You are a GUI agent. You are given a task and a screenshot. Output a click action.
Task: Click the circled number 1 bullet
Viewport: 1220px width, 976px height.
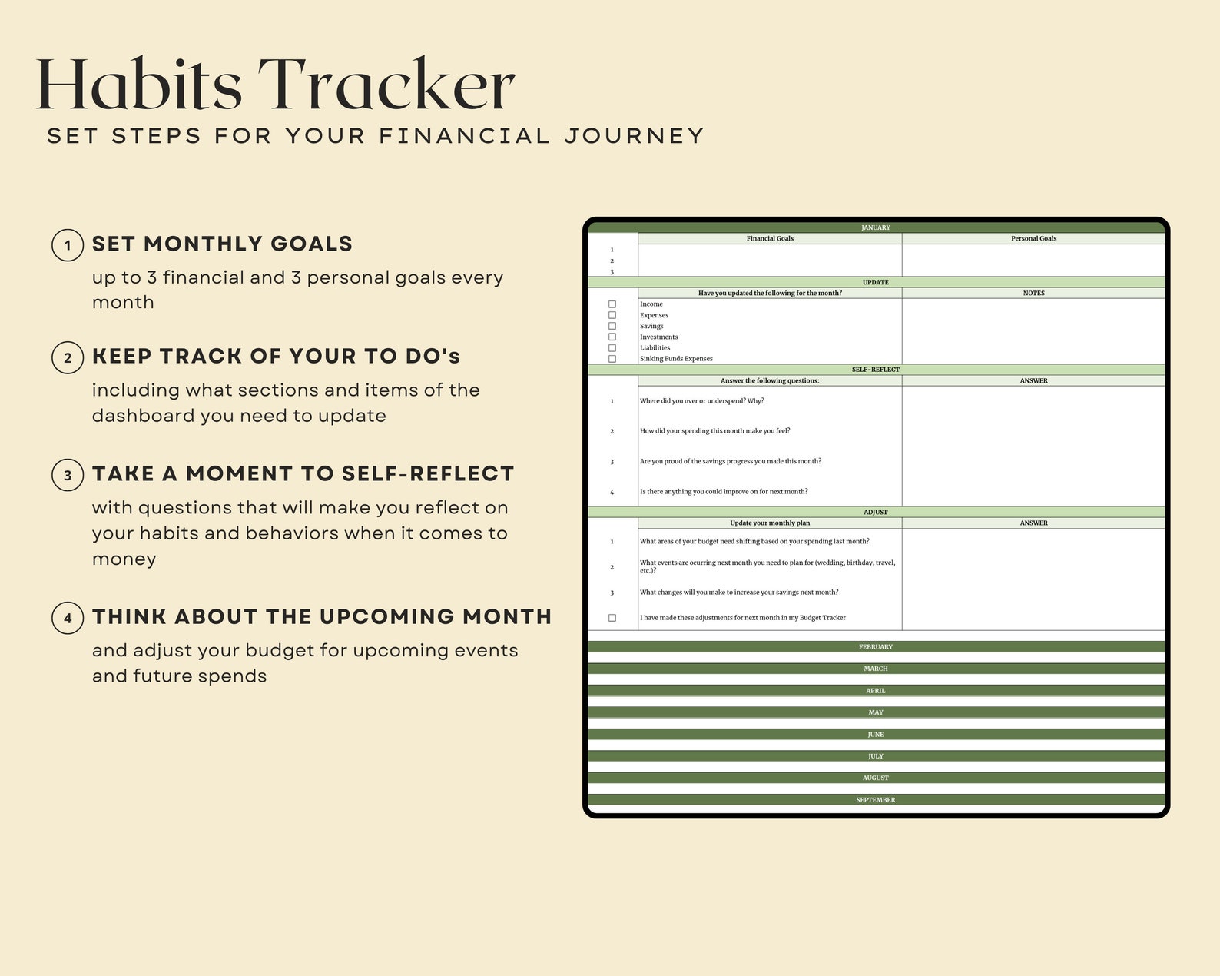tap(68, 245)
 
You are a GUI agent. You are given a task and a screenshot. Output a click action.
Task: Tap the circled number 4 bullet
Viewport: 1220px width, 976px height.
tap(68, 618)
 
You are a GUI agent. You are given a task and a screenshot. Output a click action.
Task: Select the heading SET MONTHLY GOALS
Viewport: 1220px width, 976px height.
tap(222, 244)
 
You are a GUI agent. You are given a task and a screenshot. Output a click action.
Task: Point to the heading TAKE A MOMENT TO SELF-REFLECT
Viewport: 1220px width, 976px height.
tap(303, 474)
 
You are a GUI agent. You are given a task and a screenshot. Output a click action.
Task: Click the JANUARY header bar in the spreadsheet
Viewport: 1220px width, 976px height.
tap(875, 227)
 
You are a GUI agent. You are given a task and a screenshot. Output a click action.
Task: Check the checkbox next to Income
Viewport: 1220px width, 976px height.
tap(612, 304)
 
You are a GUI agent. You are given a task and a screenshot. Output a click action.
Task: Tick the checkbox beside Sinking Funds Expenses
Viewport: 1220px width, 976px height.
tap(612, 359)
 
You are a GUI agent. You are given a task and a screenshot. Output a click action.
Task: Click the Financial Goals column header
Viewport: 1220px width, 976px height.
tap(770, 238)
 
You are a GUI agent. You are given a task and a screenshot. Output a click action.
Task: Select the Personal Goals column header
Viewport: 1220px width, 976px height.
tap(1033, 238)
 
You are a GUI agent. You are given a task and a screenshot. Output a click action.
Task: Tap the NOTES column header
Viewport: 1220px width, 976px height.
tap(1033, 293)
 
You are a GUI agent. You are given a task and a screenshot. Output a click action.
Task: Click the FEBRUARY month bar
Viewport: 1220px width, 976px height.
tap(875, 647)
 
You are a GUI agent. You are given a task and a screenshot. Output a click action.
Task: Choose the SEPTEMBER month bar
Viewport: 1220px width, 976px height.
tap(875, 800)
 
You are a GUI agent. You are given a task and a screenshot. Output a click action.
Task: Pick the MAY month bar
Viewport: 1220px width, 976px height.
tap(875, 712)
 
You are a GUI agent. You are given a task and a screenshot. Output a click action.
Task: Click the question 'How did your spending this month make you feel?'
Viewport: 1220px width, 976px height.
tap(714, 431)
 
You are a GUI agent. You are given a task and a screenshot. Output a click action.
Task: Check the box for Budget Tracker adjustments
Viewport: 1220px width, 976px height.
tap(612, 618)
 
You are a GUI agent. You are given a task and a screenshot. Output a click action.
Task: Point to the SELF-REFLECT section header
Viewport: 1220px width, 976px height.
tap(875, 370)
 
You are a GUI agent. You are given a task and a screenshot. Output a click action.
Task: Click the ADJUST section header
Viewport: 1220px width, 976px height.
tap(875, 512)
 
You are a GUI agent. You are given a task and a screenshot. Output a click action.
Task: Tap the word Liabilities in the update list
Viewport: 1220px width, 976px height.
tap(655, 348)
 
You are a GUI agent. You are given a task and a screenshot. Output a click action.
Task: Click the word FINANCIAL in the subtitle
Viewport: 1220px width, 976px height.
tap(464, 136)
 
